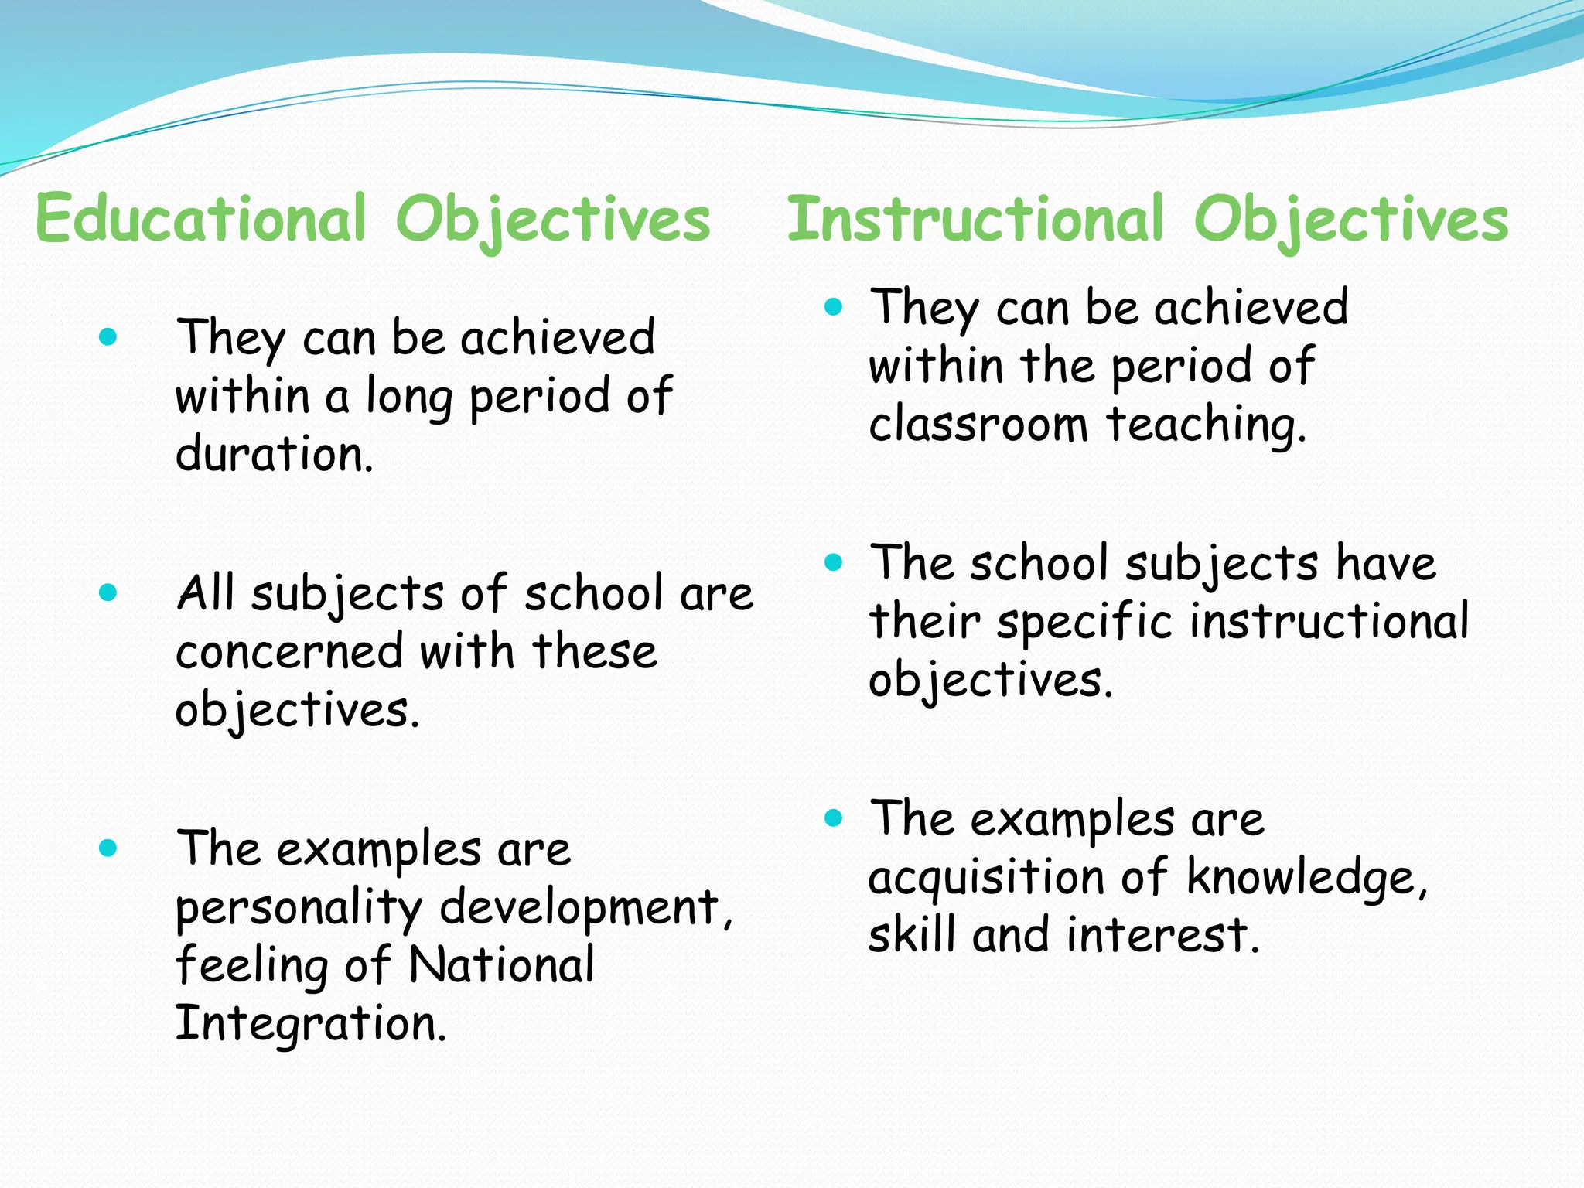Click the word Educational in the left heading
[200, 219]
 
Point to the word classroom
[978, 425]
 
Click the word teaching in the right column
[1206, 425]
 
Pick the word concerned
[289, 651]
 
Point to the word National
[501, 965]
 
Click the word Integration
[311, 1023]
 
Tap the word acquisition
[986, 878]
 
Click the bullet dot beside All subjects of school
[108, 593]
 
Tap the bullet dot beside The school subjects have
[833, 562]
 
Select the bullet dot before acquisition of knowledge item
[833, 818]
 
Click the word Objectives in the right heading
[1350, 220]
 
